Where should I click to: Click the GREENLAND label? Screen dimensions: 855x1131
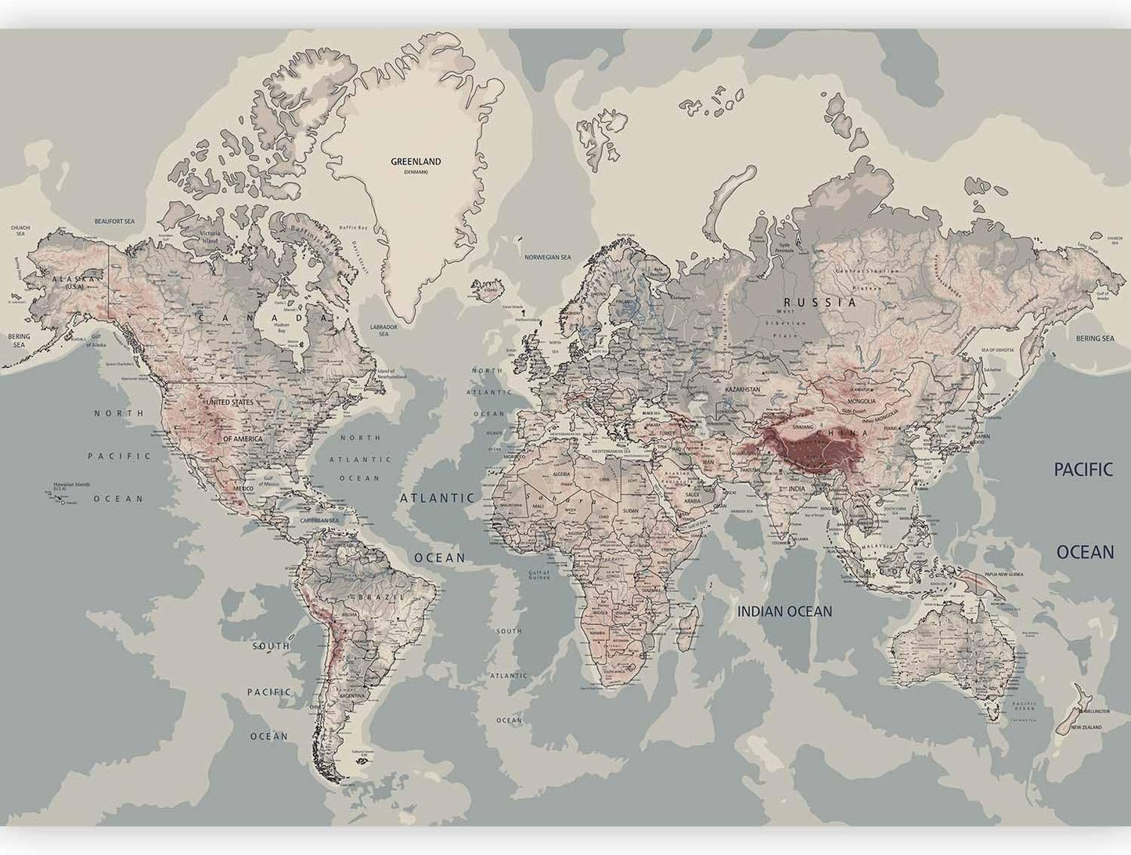pyautogui.click(x=416, y=161)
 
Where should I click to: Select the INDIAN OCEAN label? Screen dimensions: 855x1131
pyautogui.click(x=784, y=611)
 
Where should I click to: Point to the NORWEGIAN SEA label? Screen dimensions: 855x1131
pyautogui.click(x=548, y=257)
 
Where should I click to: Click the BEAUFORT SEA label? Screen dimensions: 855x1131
pyautogui.click(x=114, y=222)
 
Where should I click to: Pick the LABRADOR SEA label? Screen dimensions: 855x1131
pyautogui.click(x=384, y=330)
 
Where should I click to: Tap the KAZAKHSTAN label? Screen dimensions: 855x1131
pyautogui.click(x=744, y=389)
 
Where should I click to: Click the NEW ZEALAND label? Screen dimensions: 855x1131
pyautogui.click(x=1086, y=727)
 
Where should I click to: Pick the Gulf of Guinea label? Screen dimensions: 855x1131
pyautogui.click(x=538, y=574)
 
